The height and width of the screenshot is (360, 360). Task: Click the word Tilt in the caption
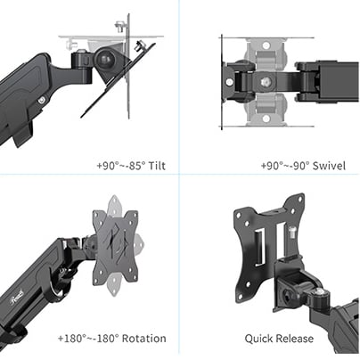pyautogui.click(x=160, y=166)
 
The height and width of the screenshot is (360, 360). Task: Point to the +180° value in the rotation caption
pyautogui.click(x=73, y=339)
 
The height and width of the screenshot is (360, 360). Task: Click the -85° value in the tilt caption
pyautogui.click(x=135, y=166)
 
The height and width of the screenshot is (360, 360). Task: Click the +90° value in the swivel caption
pyautogui.click(x=272, y=166)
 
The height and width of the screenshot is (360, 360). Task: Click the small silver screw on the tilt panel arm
pyautogui.click(x=42, y=102)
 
